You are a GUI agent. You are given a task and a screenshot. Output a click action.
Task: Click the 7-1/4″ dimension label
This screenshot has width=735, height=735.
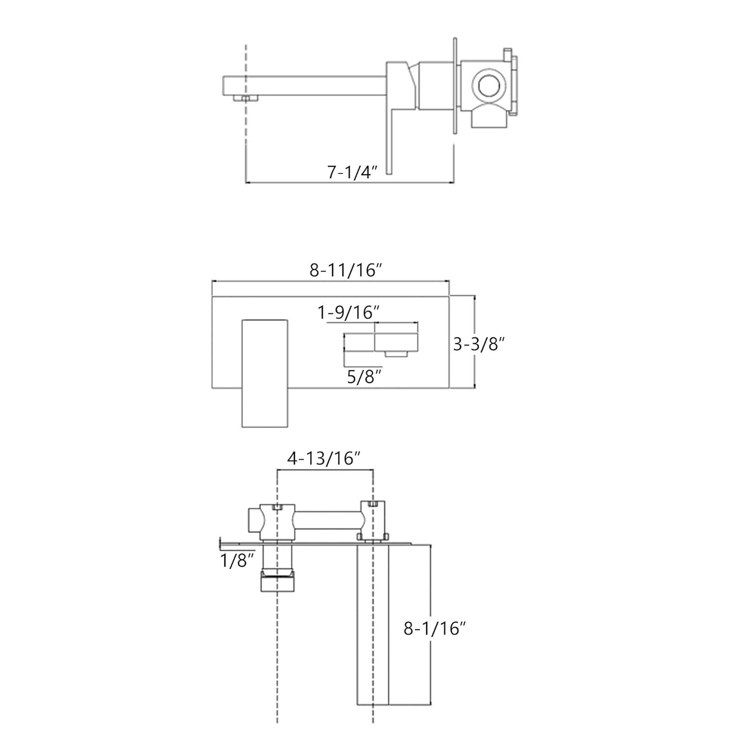353,172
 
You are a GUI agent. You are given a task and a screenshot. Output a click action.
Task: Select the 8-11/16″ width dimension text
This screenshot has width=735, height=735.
345,270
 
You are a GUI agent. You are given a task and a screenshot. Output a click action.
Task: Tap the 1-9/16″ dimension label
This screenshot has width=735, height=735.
349,312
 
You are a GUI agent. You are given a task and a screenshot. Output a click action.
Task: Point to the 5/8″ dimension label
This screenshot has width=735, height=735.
364,377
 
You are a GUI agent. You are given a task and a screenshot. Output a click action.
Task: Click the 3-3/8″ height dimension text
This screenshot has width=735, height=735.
478,344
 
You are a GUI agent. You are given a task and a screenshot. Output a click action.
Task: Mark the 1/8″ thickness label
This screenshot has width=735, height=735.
238,561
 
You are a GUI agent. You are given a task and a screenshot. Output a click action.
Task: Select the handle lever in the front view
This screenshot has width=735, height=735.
265,373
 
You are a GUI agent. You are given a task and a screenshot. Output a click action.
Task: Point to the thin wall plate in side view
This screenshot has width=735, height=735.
455,86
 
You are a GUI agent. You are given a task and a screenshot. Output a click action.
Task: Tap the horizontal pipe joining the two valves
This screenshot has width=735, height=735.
328,521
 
